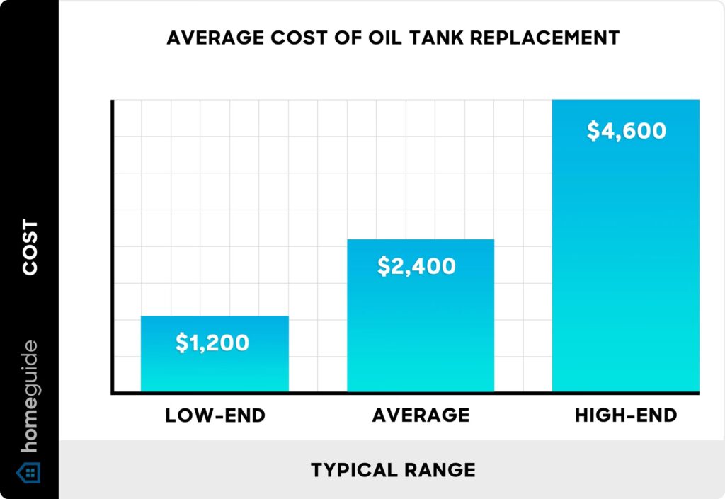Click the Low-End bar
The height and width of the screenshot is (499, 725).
click(215, 354)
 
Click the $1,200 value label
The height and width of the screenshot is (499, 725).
click(212, 343)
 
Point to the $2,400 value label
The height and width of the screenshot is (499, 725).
click(416, 266)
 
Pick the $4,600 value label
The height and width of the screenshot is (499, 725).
click(627, 132)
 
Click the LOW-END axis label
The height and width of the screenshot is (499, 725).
click(215, 415)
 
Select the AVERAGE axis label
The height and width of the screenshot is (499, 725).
click(421, 415)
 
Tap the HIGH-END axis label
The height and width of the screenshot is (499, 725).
click(626, 415)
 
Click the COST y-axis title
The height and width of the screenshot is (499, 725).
click(30, 248)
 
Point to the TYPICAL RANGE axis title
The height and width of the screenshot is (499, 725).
click(393, 469)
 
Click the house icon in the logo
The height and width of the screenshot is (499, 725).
click(29, 473)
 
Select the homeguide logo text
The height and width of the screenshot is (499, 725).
click(30, 399)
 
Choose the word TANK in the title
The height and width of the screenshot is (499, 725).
click(426, 38)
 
